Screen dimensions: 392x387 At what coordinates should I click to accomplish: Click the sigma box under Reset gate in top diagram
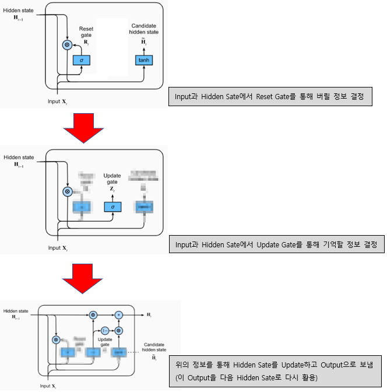pyautogui.click(x=82, y=60)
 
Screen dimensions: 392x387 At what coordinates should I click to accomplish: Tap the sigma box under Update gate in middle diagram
pyautogui.click(x=112, y=206)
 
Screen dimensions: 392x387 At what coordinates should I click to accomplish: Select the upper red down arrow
pyautogui.click(x=85, y=127)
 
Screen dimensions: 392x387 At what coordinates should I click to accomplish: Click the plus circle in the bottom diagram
pyautogui.click(x=119, y=314)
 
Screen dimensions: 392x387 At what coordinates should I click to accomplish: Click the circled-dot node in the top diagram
pyautogui.click(x=66, y=44)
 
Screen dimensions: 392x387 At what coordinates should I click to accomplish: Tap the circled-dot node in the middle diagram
pyautogui.click(x=66, y=191)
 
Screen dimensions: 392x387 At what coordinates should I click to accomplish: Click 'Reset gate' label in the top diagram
pyautogui.click(x=86, y=32)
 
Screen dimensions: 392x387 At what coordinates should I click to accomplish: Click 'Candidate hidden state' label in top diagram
pyautogui.click(x=145, y=29)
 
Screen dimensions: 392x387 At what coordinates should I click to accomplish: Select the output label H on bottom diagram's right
pyautogui.click(x=149, y=315)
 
